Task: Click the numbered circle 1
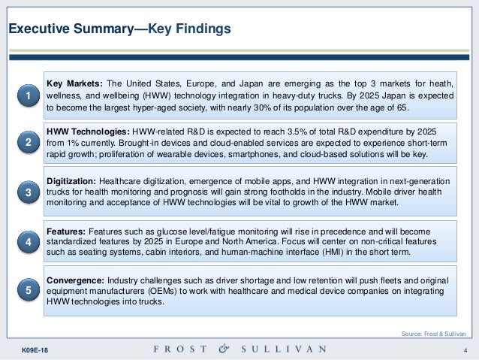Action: (28, 97)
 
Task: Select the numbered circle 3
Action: (28, 194)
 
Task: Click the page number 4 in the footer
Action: (465, 350)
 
